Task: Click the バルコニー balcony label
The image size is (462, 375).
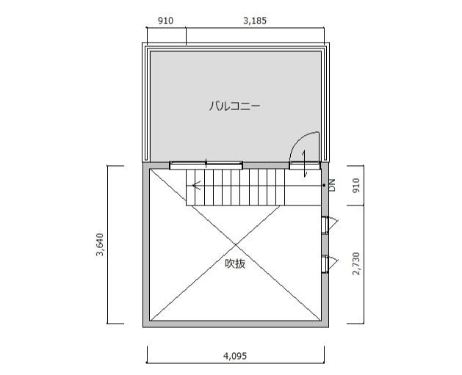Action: (x=235, y=106)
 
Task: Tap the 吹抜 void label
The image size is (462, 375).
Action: (x=235, y=263)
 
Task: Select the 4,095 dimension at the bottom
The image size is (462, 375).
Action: (x=235, y=356)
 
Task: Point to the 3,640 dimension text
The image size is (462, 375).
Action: (x=100, y=244)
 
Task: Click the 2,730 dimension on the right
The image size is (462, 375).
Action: (x=356, y=263)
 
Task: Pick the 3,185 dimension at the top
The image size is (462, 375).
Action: (x=255, y=21)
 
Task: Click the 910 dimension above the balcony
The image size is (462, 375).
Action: (x=165, y=21)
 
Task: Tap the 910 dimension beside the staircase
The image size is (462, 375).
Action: (x=356, y=185)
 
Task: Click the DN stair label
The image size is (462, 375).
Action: (x=332, y=185)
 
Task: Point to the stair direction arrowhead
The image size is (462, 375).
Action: (x=196, y=185)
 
